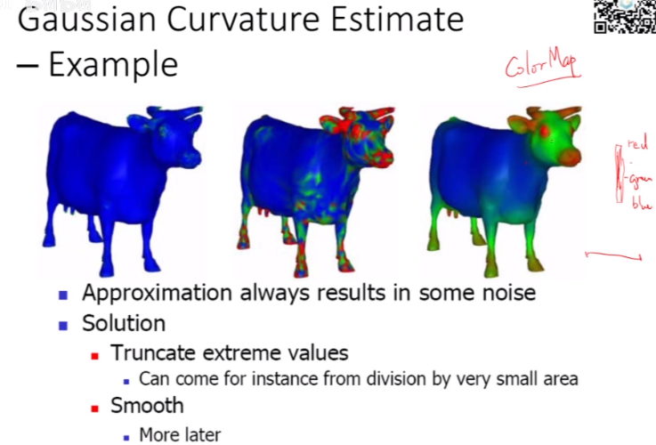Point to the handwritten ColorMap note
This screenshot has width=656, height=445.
click(x=538, y=68)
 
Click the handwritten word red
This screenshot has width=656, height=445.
click(x=636, y=143)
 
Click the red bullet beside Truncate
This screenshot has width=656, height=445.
click(x=93, y=353)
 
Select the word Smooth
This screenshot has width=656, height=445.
click(x=147, y=406)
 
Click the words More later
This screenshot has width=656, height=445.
click(x=180, y=435)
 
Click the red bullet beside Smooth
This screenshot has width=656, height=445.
click(x=93, y=408)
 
